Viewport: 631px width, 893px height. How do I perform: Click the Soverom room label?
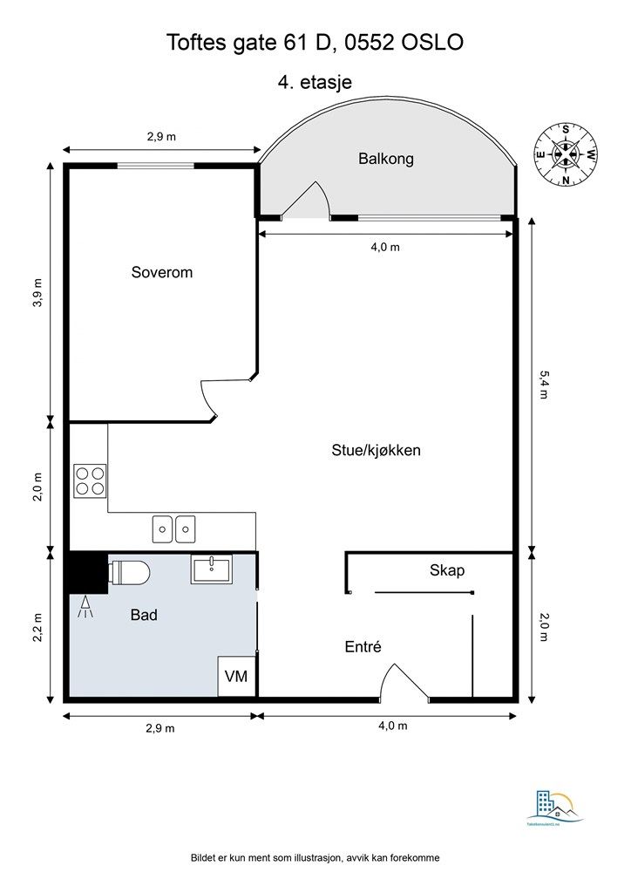point(161,272)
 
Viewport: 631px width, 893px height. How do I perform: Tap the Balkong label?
point(385,159)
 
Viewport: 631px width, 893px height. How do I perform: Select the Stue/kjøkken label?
point(377,451)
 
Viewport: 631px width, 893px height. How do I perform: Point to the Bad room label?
point(144,615)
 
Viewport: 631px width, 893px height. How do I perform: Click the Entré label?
point(363,646)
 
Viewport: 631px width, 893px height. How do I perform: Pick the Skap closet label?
point(447,571)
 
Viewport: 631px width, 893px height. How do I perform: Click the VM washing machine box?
point(236,677)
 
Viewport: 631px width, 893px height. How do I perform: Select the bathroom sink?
point(211,570)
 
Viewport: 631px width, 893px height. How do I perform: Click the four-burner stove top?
point(91,480)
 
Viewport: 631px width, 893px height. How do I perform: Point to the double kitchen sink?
point(173,528)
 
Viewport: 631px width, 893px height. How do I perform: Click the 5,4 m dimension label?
point(546,384)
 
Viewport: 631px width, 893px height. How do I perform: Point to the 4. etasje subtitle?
point(315,82)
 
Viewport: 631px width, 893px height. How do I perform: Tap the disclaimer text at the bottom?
point(315,858)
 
